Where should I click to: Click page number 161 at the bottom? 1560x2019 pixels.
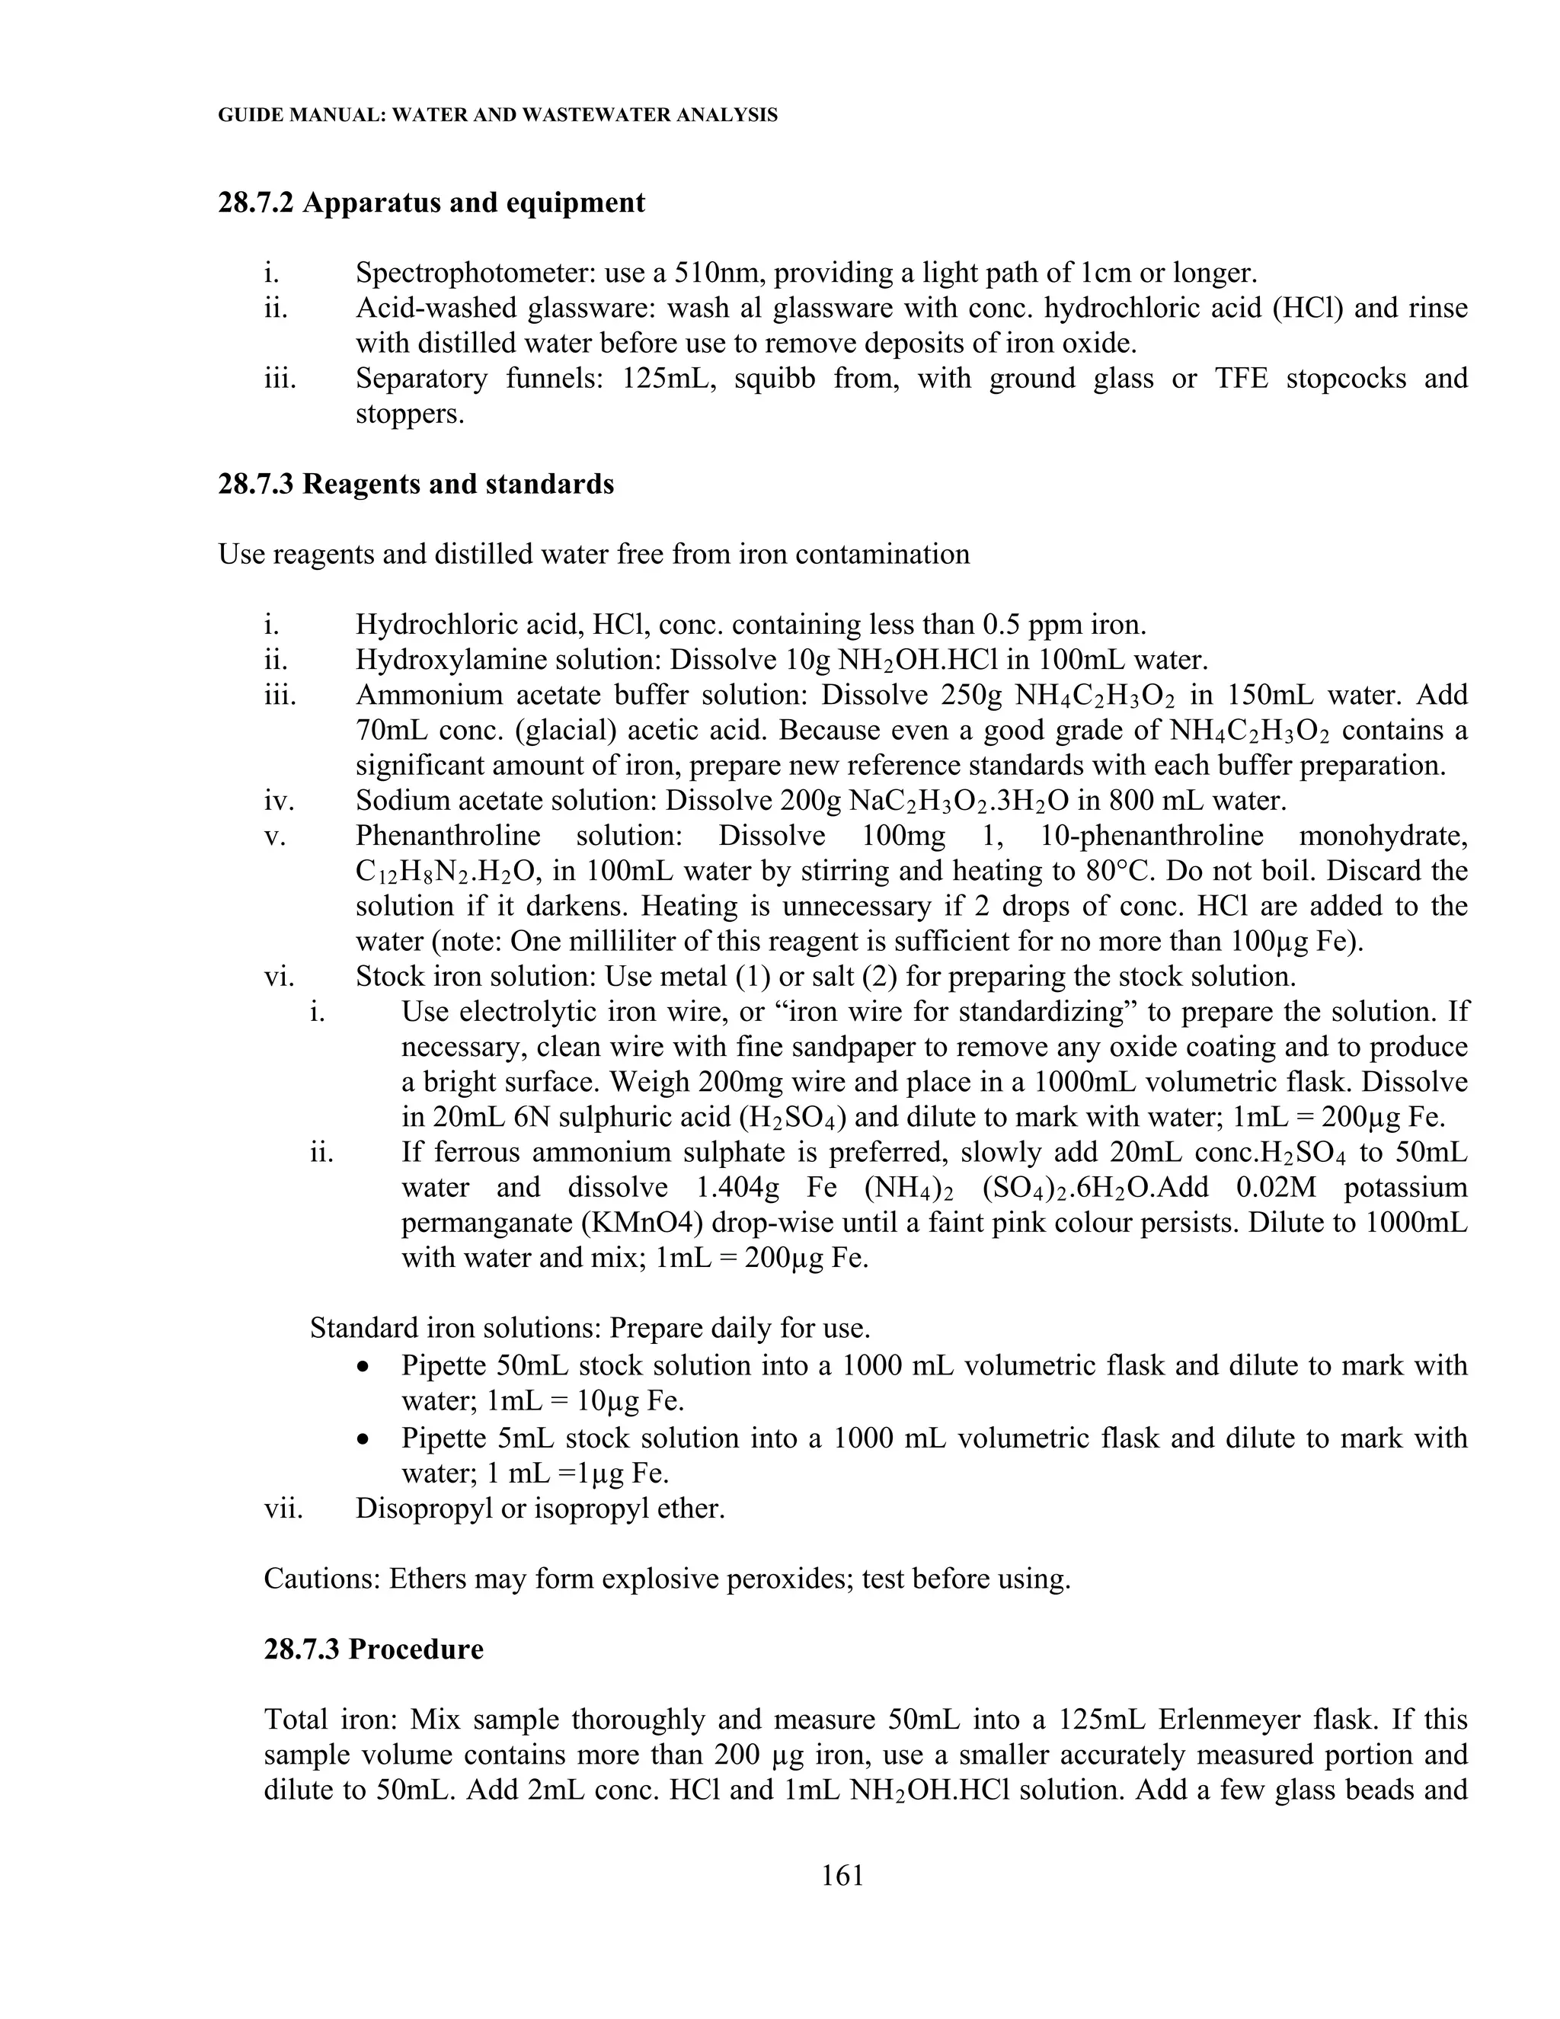[x=842, y=1875]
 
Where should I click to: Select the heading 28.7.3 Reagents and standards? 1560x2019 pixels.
[x=415, y=484]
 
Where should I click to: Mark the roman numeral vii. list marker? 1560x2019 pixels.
[x=283, y=1508]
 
